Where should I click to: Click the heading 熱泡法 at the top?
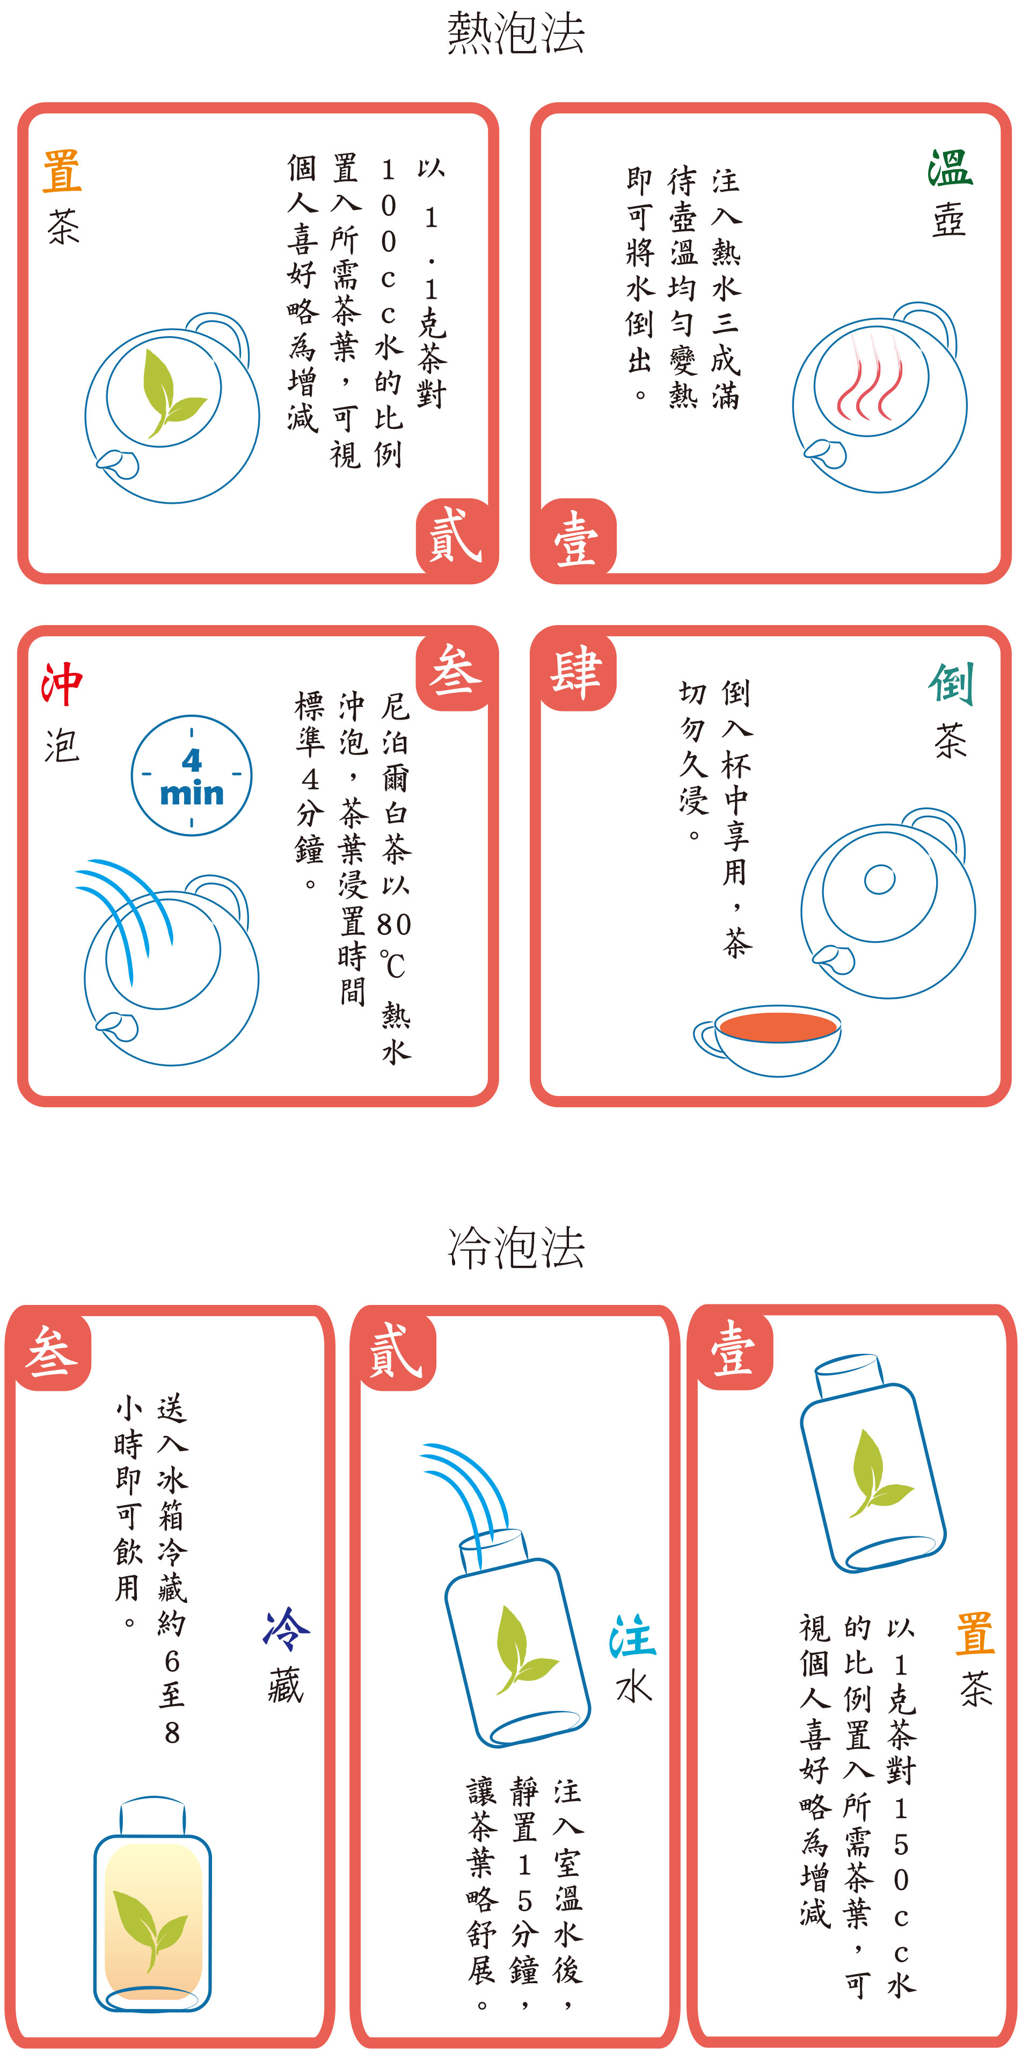pos(515,33)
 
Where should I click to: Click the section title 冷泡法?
pos(515,1247)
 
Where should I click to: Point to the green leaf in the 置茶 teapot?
pos(170,394)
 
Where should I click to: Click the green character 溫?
pos(950,169)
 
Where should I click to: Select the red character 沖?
pos(62,684)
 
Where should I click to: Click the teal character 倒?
pos(950,684)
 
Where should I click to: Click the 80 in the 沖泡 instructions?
pos(395,925)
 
